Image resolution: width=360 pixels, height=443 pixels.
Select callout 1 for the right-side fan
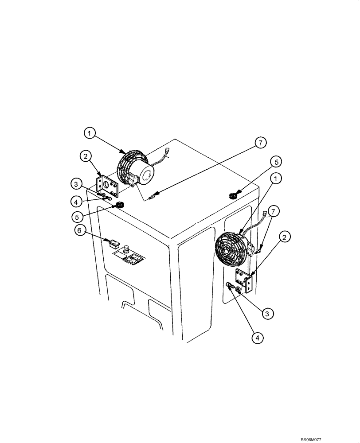click(x=277, y=179)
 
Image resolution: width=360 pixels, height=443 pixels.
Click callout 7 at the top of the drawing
click(x=261, y=142)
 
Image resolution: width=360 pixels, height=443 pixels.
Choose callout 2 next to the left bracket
click(x=85, y=156)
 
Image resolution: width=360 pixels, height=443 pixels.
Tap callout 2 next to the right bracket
click(x=286, y=237)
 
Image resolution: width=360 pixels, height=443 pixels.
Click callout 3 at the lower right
click(x=267, y=314)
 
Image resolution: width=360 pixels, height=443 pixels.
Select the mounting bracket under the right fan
click(x=244, y=280)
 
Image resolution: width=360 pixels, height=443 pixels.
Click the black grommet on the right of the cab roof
click(x=233, y=195)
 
